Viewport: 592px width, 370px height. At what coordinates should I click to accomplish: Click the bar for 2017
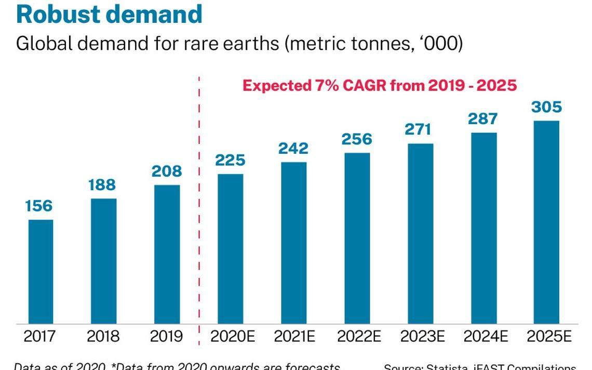click(41, 271)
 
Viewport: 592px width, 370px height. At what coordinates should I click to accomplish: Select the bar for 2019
click(167, 254)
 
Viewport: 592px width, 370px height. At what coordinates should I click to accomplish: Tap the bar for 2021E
click(294, 243)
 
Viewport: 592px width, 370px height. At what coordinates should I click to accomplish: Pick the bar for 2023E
click(421, 233)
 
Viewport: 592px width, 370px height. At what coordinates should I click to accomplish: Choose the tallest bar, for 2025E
click(547, 222)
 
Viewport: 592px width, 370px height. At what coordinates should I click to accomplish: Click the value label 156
click(39, 206)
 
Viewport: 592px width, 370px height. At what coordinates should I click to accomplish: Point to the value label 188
click(102, 184)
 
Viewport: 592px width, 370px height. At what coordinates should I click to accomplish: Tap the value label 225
click(230, 160)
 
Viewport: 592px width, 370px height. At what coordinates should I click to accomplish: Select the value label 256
click(357, 139)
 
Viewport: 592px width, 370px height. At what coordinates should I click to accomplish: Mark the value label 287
click(483, 118)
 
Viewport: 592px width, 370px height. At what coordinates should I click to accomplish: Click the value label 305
click(546, 107)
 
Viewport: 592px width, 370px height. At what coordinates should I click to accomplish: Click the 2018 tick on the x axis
click(103, 337)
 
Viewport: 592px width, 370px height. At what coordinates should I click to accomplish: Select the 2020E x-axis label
click(233, 337)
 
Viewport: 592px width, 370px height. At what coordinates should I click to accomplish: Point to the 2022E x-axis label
click(359, 337)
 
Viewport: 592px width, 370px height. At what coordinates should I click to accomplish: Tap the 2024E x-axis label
click(486, 337)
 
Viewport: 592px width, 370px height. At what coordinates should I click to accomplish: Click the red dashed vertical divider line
click(199, 208)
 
